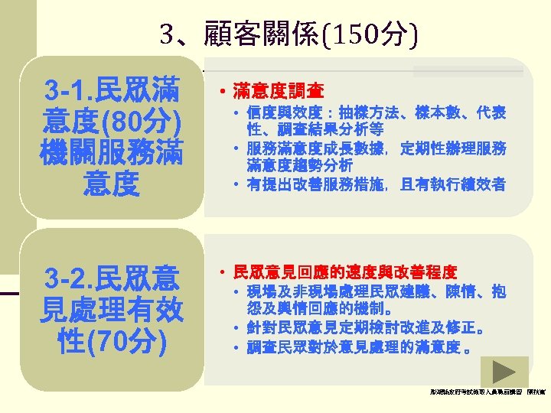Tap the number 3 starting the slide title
pyautogui.click(x=168, y=34)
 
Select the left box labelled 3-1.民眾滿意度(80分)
pyautogui.click(x=112, y=137)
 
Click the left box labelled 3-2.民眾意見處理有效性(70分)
pyautogui.click(x=112, y=308)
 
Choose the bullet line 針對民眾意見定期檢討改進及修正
pyautogui.click(x=364, y=330)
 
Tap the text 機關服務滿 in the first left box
pyautogui.click(x=112, y=151)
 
